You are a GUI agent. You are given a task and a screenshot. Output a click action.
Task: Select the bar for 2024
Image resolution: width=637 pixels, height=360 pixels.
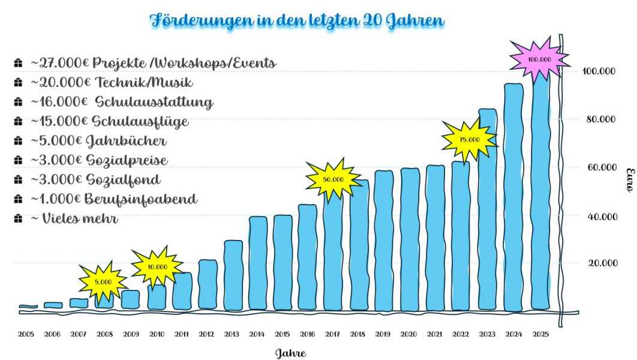(513, 198)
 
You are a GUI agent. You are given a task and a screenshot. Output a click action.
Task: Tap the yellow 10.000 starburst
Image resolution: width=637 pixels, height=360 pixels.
(157, 267)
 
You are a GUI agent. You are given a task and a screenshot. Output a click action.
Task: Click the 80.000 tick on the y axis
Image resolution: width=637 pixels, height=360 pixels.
(600, 119)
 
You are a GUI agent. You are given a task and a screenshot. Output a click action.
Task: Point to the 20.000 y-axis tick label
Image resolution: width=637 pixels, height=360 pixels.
(600, 263)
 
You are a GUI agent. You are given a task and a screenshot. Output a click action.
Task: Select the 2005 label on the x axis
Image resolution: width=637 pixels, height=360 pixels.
(26, 334)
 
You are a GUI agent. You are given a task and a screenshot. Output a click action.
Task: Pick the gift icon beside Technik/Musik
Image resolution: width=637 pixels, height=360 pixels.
(17, 83)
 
